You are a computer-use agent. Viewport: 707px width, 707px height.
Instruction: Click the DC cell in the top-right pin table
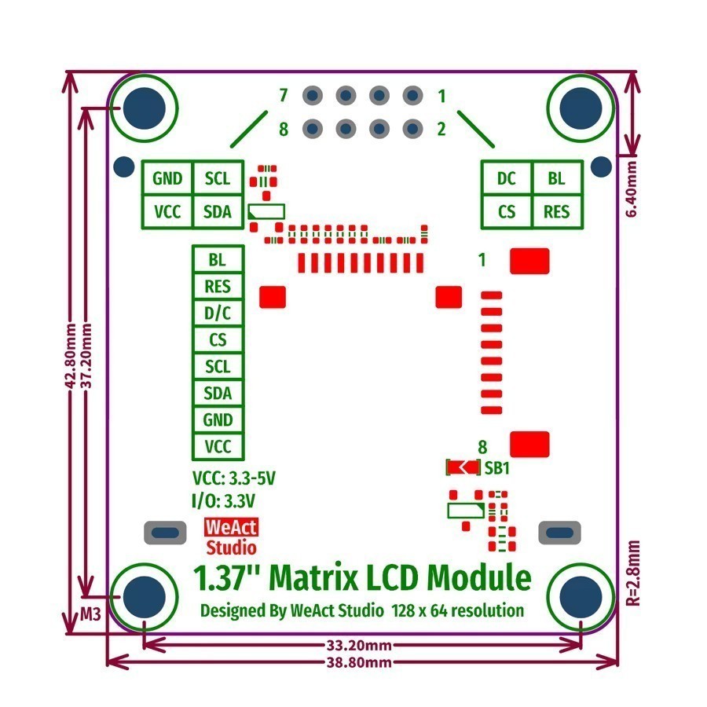[507, 178]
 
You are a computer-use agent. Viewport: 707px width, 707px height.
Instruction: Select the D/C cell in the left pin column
[218, 313]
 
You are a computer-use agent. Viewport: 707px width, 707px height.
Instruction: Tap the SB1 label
[497, 467]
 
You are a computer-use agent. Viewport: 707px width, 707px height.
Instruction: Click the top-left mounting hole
[145, 106]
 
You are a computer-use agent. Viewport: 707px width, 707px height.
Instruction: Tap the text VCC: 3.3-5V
[234, 478]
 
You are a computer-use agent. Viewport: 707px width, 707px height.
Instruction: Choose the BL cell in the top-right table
[556, 178]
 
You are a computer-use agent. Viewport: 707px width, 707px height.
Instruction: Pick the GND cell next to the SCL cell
[167, 178]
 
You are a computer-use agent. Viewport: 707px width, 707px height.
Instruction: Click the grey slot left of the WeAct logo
[165, 532]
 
